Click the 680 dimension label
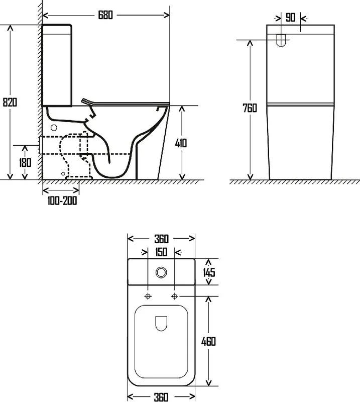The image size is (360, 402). point(105,15)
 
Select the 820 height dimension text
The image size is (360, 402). point(10,102)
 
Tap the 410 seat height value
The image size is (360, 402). point(181,143)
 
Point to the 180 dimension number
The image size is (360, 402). point(25,162)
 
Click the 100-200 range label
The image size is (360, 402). point(62,200)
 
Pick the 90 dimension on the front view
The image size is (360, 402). point(290,18)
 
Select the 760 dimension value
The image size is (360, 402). point(250,108)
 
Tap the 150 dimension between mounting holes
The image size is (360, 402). point(161,252)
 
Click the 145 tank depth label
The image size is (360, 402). point(209,272)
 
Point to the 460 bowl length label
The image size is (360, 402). point(208,341)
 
